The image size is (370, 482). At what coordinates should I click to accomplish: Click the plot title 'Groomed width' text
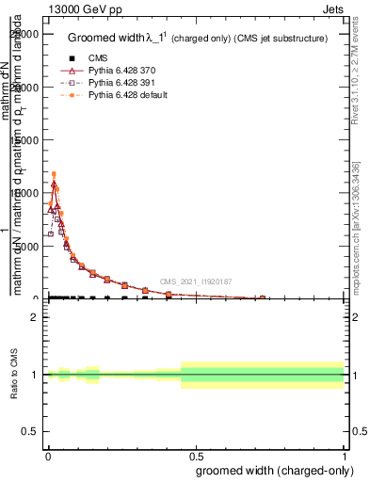(103, 39)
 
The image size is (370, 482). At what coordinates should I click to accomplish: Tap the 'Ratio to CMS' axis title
(13, 376)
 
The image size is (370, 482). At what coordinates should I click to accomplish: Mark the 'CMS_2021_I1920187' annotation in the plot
(195, 281)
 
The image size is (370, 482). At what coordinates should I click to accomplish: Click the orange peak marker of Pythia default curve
(54, 174)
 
